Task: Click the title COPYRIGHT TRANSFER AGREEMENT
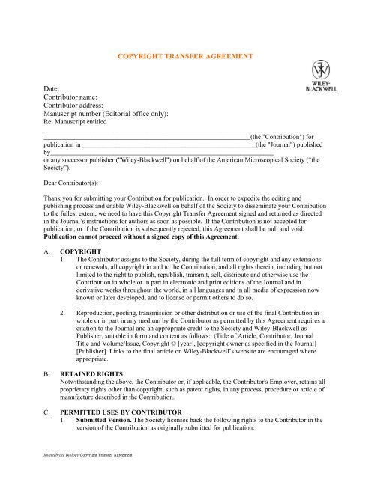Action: pos(184,57)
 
